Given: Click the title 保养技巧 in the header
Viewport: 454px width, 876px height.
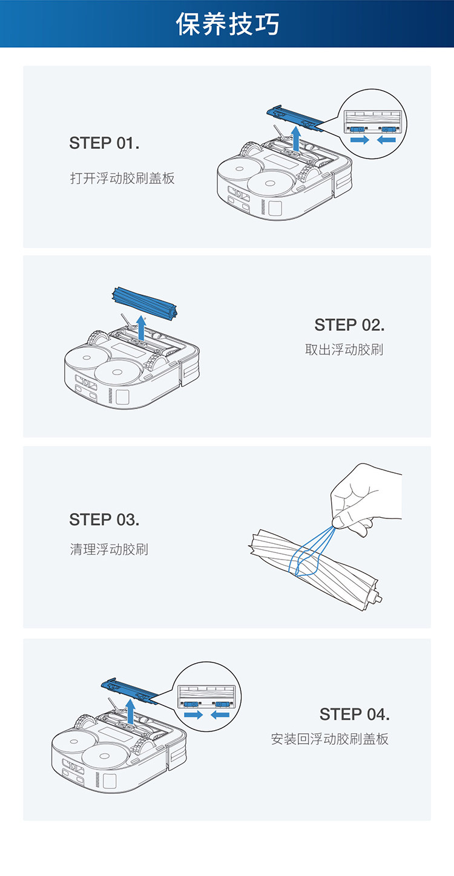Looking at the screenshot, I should click(x=228, y=24).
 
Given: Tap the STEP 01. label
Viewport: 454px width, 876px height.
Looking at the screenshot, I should click(x=104, y=143).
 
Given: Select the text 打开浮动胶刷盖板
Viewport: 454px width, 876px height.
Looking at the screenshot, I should click(x=122, y=178).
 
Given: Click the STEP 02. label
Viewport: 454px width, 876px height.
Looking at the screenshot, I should click(x=349, y=325).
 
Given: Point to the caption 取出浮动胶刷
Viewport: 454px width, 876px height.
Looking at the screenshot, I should click(x=344, y=350).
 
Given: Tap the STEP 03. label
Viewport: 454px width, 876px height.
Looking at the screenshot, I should click(x=104, y=520).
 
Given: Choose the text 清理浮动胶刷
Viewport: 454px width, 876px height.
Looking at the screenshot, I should click(x=109, y=550).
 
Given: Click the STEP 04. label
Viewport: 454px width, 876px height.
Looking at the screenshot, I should click(x=354, y=714).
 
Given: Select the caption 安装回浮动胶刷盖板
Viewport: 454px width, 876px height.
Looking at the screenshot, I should click(x=329, y=739).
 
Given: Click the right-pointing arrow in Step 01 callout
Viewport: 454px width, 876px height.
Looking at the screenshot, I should click(x=359, y=140).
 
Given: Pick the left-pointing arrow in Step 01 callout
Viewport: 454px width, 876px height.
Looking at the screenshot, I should click(x=386, y=140).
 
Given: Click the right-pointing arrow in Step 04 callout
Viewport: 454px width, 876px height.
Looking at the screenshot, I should click(x=193, y=714).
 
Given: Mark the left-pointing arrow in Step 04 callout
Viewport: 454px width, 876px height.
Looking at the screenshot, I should click(x=220, y=714).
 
